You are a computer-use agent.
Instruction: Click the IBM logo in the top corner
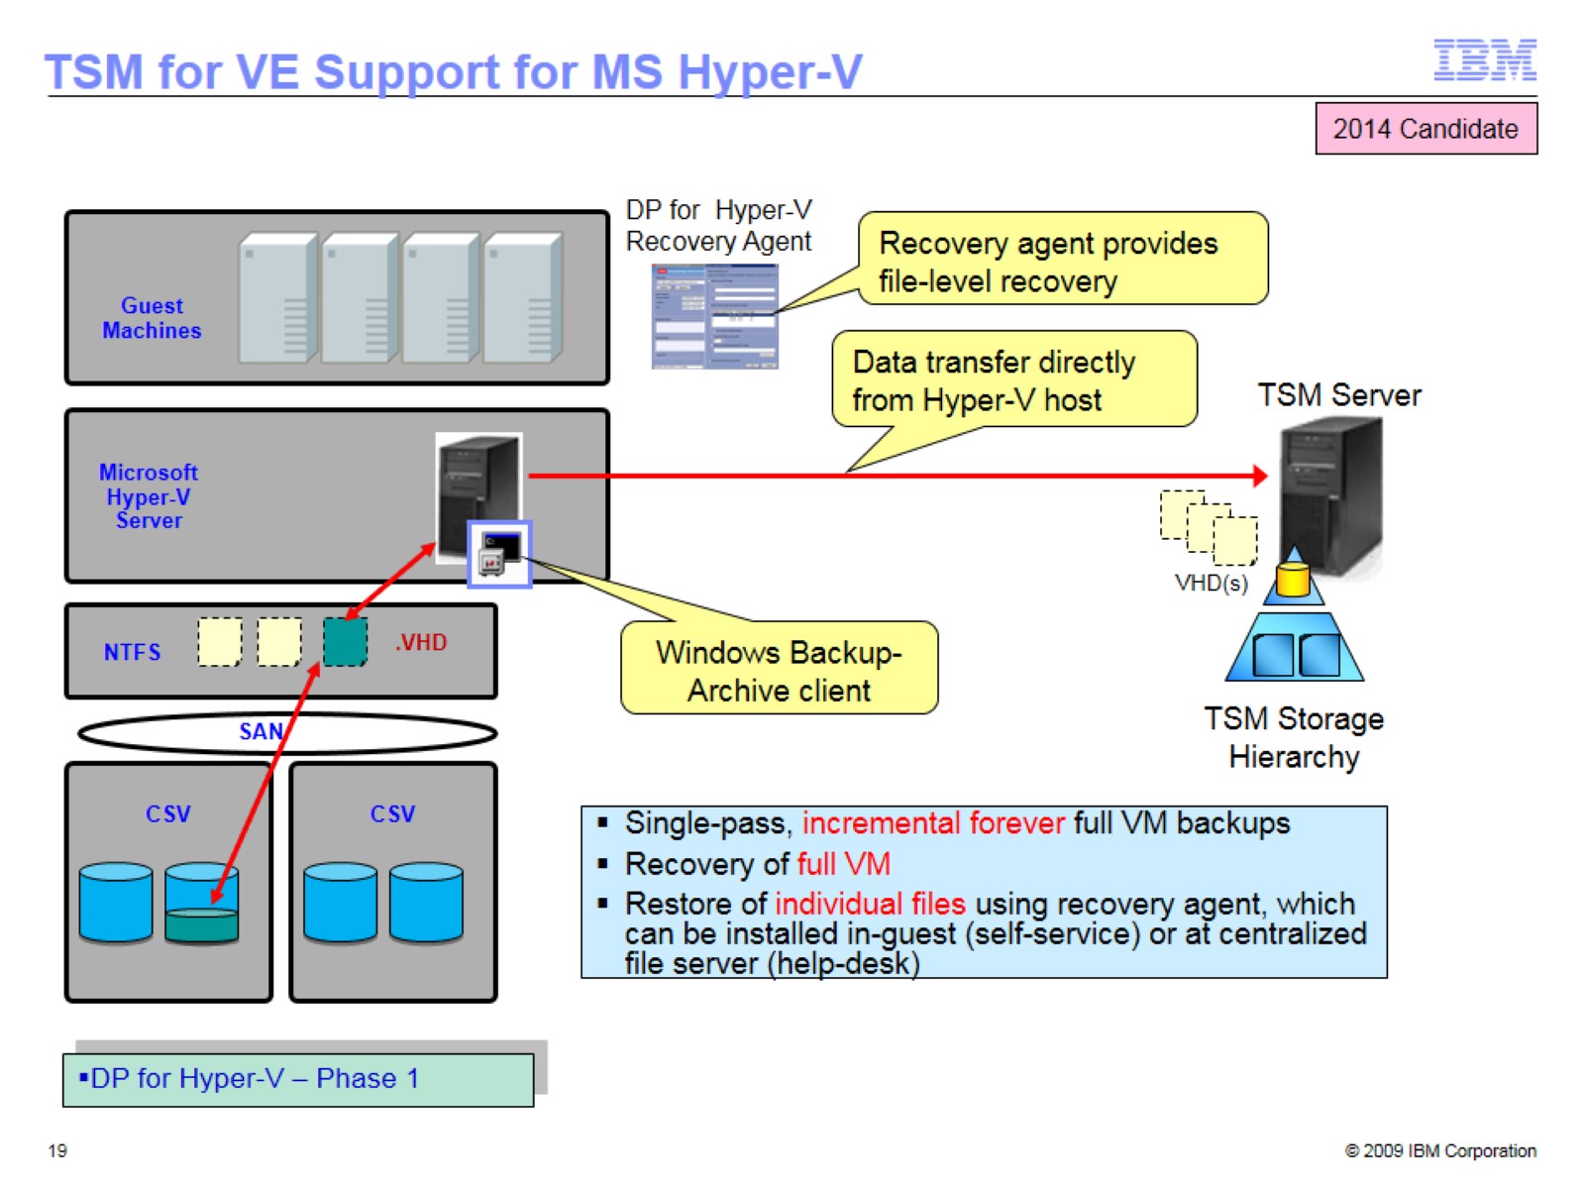[1485, 60]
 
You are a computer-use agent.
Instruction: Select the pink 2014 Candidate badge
[1426, 129]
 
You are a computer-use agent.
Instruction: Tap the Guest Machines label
[152, 318]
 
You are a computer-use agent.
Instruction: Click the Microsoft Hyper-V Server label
[149, 495]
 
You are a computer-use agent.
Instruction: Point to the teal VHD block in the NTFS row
[345, 641]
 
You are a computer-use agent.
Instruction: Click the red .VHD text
[421, 642]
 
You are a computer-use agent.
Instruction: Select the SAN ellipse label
[261, 731]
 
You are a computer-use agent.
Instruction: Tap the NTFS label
[132, 652]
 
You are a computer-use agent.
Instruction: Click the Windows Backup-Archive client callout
[779, 670]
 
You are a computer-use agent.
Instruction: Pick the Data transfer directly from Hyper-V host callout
[1012, 380]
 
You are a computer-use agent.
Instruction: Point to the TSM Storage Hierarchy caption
[1293, 737]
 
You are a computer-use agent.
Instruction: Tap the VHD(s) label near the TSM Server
[1211, 583]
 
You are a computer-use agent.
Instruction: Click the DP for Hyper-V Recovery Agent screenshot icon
[714, 316]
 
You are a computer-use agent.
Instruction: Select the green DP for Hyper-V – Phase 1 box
[298, 1079]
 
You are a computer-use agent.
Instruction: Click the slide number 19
[57, 1150]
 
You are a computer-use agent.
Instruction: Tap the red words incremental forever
[932, 823]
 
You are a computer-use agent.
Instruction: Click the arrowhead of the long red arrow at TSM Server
[1260, 476]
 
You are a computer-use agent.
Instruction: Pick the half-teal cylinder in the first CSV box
[202, 903]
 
